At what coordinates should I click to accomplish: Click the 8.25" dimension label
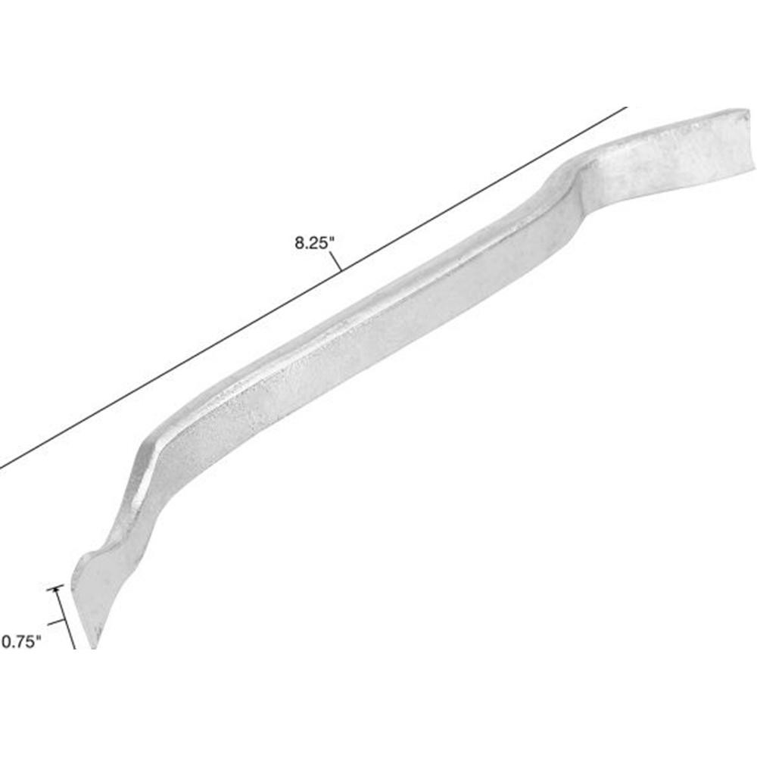(313, 244)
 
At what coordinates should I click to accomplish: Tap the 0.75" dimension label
(20, 642)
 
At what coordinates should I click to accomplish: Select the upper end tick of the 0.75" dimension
(55, 589)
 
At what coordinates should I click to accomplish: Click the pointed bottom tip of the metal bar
(95, 646)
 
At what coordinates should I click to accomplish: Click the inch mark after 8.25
(331, 240)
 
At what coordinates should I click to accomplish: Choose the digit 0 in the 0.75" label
(6, 642)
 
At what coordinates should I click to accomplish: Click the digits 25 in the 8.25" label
(318, 244)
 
